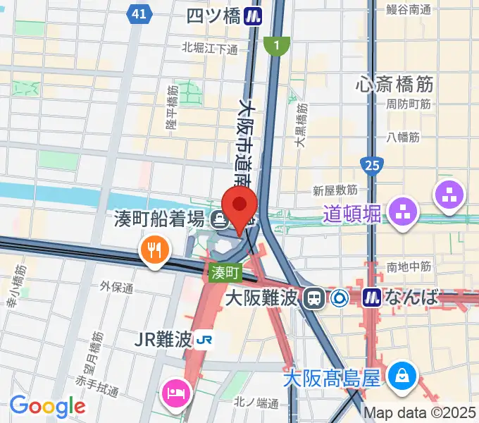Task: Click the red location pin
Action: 240,207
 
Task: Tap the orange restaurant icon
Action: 153,250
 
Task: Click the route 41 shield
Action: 140,13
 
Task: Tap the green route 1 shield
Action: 277,46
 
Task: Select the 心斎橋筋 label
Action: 394,85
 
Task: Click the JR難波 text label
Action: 163,340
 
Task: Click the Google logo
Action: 47,406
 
